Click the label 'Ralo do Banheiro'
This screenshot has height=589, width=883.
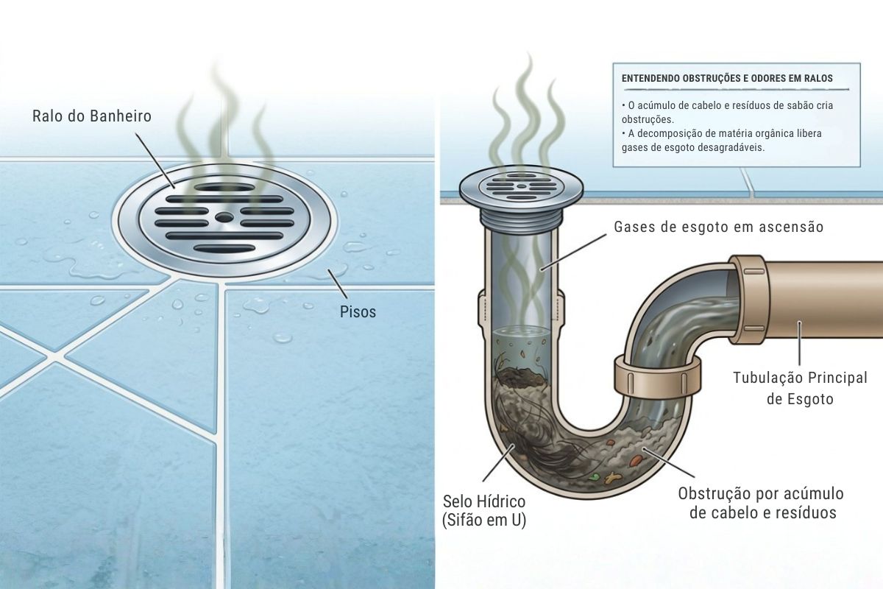pyautogui.click(x=92, y=116)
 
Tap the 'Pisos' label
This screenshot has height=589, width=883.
pyautogui.click(x=358, y=312)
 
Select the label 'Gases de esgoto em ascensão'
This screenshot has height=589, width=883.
pyautogui.click(x=719, y=227)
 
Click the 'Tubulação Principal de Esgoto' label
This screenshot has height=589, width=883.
pyautogui.click(x=801, y=388)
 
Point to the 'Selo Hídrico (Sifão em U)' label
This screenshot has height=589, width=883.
pyautogui.click(x=484, y=511)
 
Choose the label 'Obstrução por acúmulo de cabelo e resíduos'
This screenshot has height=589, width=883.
pyautogui.click(x=761, y=503)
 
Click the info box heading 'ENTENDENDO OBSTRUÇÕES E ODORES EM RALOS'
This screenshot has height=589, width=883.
pyautogui.click(x=727, y=79)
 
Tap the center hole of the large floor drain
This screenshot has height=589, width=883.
pyautogui.click(x=224, y=216)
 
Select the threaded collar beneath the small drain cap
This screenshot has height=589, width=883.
pyautogui.click(x=521, y=219)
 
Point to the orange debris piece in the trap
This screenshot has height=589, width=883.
pyautogui.click(x=636, y=460)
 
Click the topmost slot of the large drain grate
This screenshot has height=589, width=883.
pyautogui.click(x=224, y=187)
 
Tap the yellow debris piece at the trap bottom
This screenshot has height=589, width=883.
pyautogui.click(x=611, y=478)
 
